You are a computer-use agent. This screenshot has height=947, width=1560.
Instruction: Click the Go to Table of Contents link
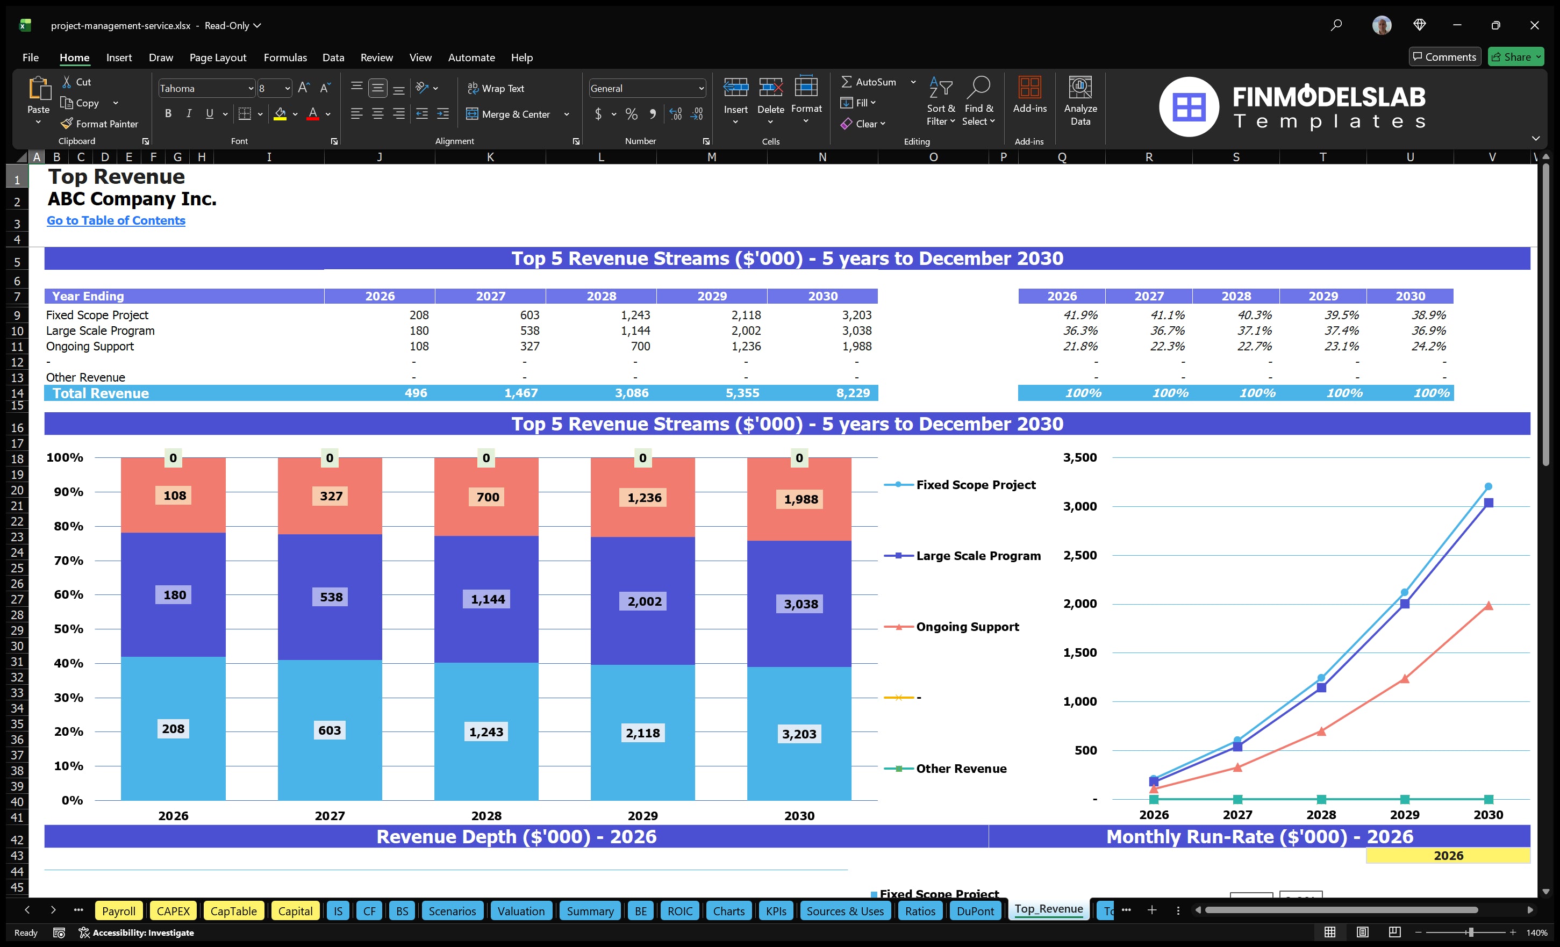coord(116,220)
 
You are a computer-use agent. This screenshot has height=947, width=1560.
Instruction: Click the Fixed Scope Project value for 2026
coord(418,314)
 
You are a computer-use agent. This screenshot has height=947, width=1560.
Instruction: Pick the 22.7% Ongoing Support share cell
coord(1254,346)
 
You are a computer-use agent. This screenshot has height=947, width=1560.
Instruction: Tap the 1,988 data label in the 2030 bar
coord(800,499)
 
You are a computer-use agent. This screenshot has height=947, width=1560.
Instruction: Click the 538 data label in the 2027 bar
coord(331,597)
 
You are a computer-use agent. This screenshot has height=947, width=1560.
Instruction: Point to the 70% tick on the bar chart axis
coord(68,560)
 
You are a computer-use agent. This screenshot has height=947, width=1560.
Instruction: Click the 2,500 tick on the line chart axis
coord(1079,555)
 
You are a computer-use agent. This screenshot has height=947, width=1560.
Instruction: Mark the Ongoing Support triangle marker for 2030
coord(1488,606)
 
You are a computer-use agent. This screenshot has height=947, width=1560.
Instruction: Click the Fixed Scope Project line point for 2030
coord(1488,486)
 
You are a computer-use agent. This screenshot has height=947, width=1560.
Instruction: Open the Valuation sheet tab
coord(520,911)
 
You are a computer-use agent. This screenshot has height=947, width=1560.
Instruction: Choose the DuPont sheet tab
coord(975,911)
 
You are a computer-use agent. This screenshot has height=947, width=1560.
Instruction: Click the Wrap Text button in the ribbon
coord(496,89)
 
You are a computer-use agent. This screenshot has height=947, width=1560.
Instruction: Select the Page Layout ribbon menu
coord(218,58)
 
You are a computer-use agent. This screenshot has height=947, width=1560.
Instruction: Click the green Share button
coord(1515,57)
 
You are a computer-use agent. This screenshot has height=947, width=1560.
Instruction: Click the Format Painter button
coord(99,124)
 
